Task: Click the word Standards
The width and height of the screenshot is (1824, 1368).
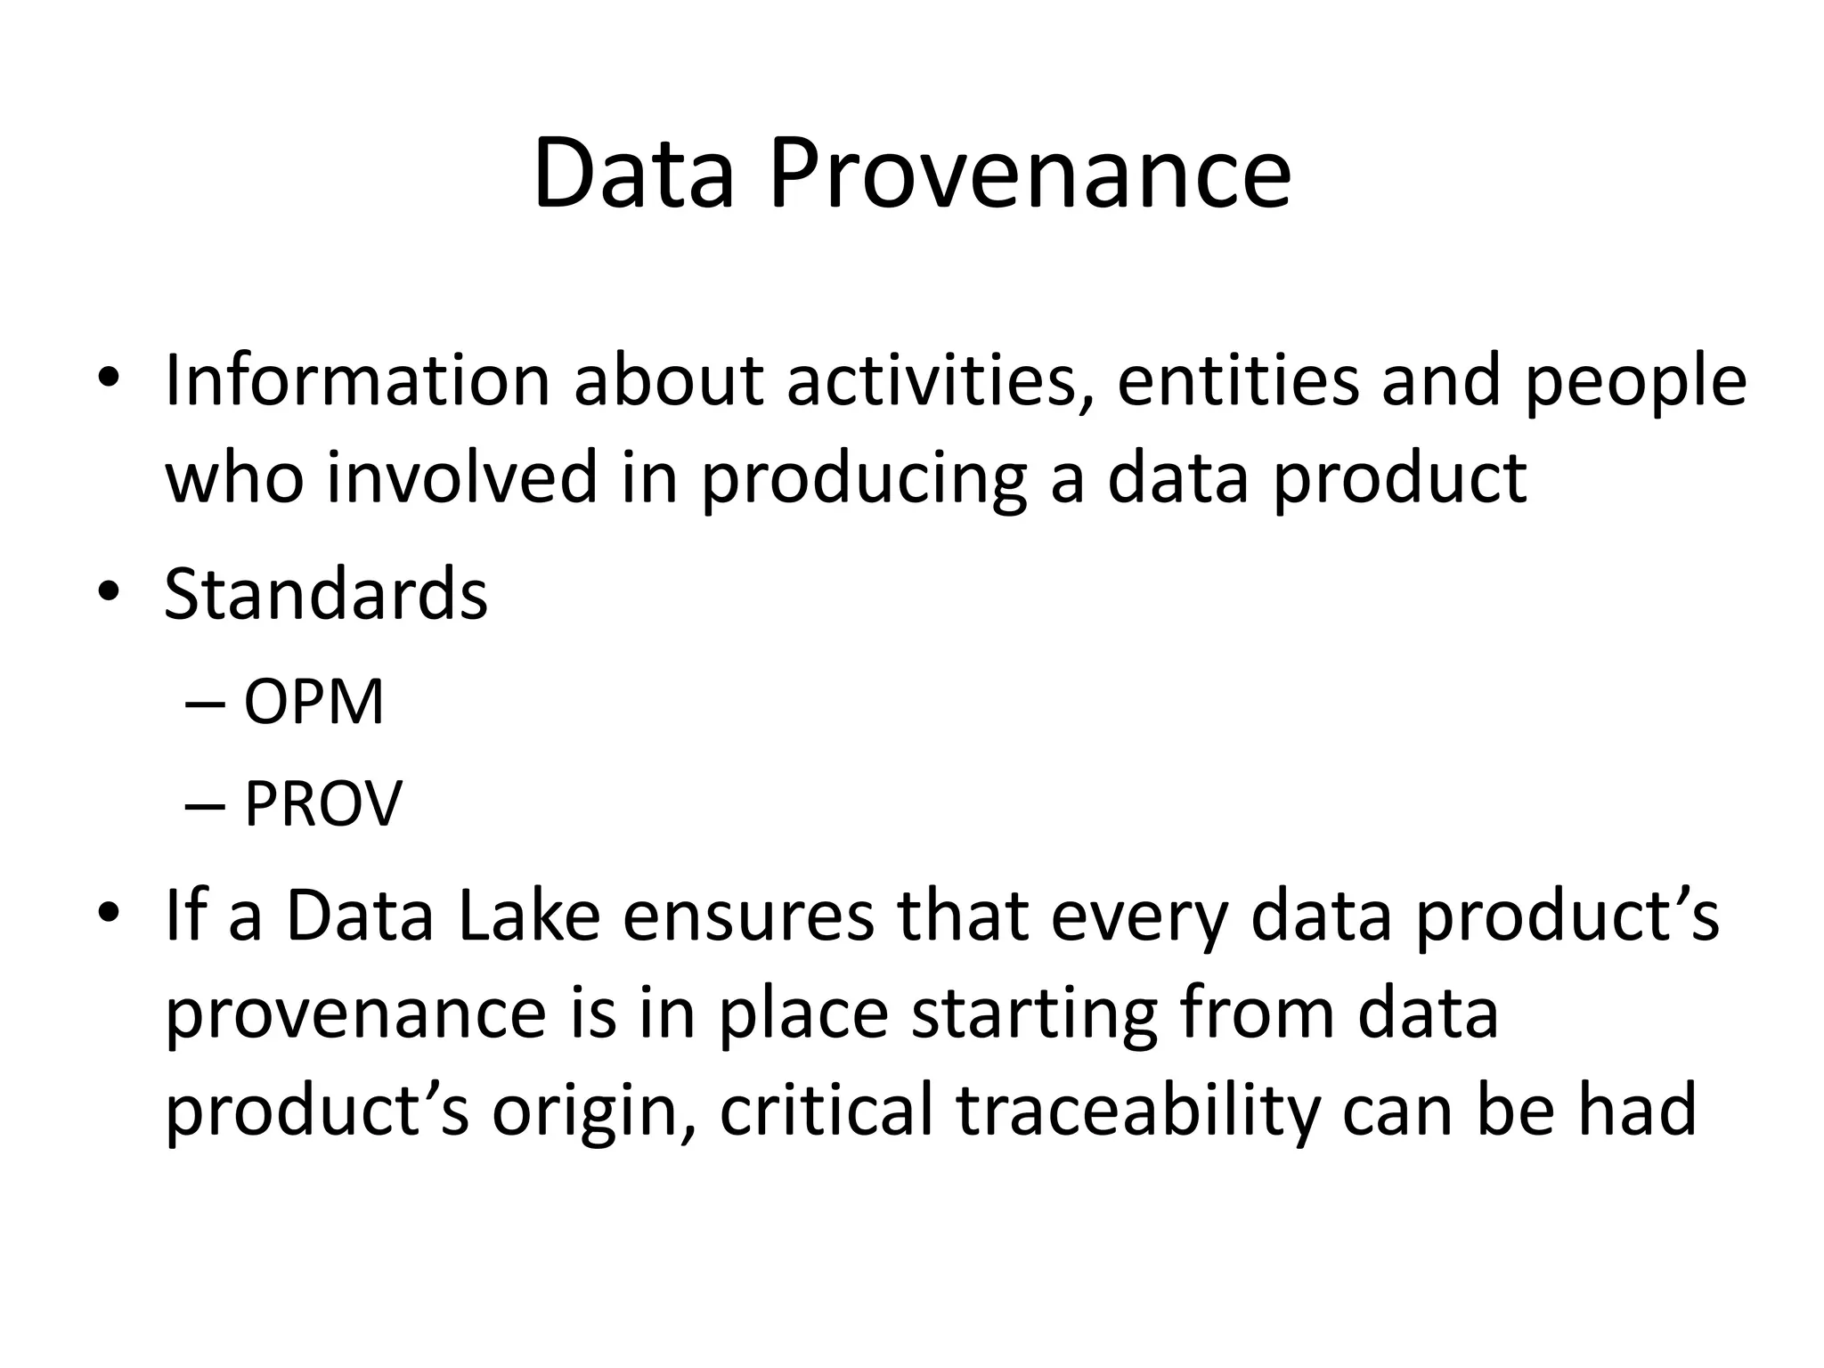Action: click(x=326, y=594)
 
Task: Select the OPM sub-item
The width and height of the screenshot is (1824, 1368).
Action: click(x=313, y=703)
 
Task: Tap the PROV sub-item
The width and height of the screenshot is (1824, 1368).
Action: click(x=322, y=804)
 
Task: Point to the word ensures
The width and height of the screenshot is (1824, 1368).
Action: click(x=748, y=917)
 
